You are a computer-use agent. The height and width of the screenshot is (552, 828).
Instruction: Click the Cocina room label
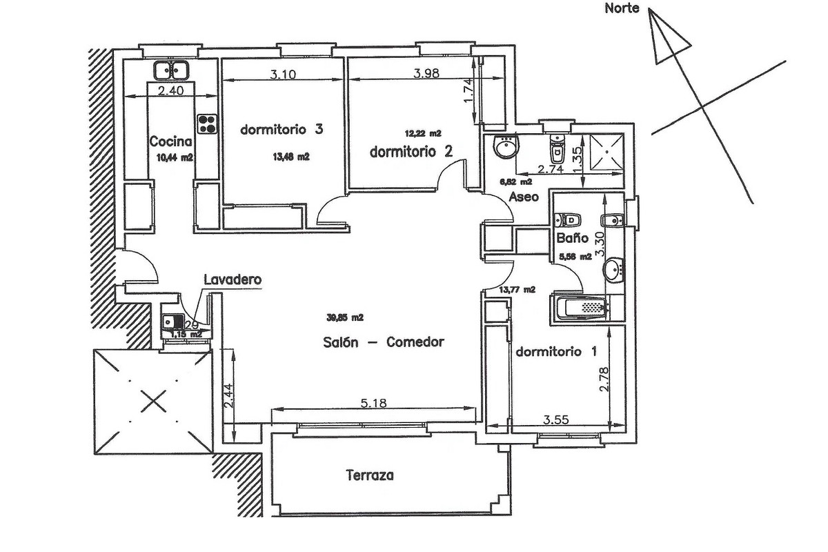pyautogui.click(x=170, y=142)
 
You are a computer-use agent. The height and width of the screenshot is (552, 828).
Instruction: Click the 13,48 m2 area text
pyautogui.click(x=291, y=157)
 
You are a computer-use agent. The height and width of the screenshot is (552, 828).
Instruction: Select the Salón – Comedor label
pyautogui.click(x=382, y=342)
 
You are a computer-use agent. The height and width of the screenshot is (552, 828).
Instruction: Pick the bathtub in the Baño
pyautogui.click(x=580, y=307)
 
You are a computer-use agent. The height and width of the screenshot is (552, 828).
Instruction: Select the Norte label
pyautogui.click(x=622, y=9)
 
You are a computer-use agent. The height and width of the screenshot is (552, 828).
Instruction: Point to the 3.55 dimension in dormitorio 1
pyautogui.click(x=559, y=419)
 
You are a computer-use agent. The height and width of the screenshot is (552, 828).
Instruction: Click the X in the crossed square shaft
pyautogui.click(x=152, y=400)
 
